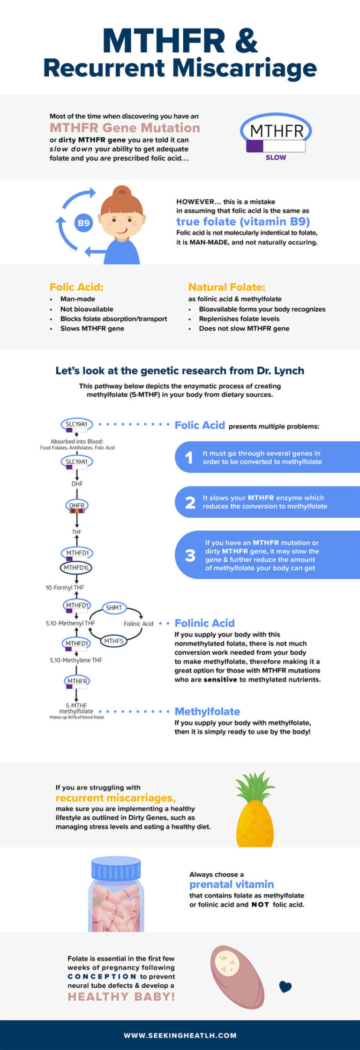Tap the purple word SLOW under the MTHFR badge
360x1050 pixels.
(276, 158)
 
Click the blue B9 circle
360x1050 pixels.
(83, 223)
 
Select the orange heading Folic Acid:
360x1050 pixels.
(76, 287)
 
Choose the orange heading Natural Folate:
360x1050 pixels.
(227, 287)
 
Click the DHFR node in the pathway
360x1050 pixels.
(77, 506)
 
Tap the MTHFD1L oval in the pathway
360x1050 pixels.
(76, 567)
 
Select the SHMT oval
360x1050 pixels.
(114, 608)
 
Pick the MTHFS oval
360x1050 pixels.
(114, 641)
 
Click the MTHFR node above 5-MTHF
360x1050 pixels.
(77, 681)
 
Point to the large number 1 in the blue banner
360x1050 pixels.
(189, 457)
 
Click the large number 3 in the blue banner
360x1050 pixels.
(190, 555)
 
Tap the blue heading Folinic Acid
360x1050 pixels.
(204, 623)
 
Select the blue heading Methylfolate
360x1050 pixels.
(207, 711)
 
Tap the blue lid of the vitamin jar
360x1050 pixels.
(116, 869)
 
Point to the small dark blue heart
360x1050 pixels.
(285, 987)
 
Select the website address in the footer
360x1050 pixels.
(180, 1035)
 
